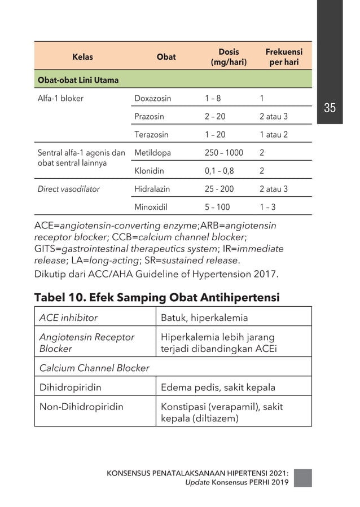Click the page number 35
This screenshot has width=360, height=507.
pyautogui.click(x=330, y=108)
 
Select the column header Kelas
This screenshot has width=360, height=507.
pyautogui.click(x=82, y=57)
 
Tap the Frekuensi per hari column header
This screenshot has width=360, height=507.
pyautogui.click(x=284, y=57)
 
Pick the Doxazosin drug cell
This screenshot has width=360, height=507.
pyautogui.click(x=153, y=98)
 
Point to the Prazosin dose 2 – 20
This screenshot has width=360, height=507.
pyautogui.click(x=215, y=117)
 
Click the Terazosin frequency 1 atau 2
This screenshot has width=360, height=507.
pyautogui.click(x=274, y=135)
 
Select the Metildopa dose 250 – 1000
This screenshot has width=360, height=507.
pyautogui.click(x=224, y=153)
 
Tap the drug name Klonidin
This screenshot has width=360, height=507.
pyautogui.click(x=150, y=171)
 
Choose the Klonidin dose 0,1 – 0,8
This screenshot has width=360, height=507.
pyautogui.click(x=219, y=171)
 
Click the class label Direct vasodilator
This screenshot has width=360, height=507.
pyautogui.click(x=68, y=189)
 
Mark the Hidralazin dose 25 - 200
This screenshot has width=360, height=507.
pyautogui.click(x=219, y=189)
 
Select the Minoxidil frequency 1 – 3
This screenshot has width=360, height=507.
pyautogui.click(x=267, y=207)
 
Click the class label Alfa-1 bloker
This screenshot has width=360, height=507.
pyautogui.click(x=60, y=98)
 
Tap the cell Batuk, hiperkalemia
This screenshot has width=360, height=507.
pyautogui.click(x=204, y=318)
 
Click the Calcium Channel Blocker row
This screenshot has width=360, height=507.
pyautogui.click(x=94, y=368)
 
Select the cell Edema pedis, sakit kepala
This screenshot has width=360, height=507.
pyautogui.click(x=218, y=387)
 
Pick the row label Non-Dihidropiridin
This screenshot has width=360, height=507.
pyautogui.click(x=81, y=406)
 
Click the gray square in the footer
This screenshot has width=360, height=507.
pyautogui.click(x=302, y=477)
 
